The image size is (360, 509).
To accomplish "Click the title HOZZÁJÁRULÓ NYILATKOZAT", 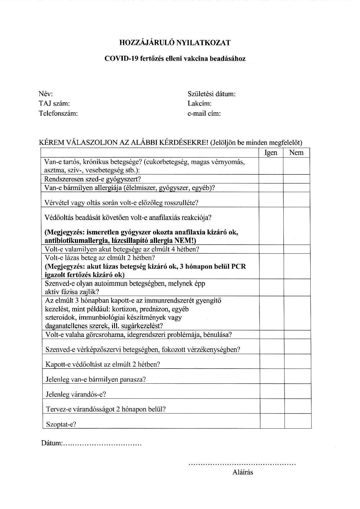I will pyautogui.click(x=175, y=43).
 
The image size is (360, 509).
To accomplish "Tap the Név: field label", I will pyautogui.click(x=46, y=94).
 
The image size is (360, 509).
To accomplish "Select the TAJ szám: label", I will pyautogui.click(x=54, y=104).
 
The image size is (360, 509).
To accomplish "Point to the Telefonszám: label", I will pyautogui.click(x=58, y=113).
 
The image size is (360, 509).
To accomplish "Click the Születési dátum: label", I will pyautogui.click(x=211, y=94).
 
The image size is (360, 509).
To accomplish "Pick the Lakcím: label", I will pyautogui.click(x=199, y=104).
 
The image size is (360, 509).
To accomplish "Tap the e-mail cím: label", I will pyautogui.click(x=204, y=113).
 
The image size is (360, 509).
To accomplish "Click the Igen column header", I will pyautogui.click(x=271, y=153).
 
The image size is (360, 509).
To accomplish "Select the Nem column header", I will pyautogui.click(x=296, y=153).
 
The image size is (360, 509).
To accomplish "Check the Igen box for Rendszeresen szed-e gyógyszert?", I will pyautogui.click(x=271, y=179).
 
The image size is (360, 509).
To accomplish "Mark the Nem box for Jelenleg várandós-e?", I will pyautogui.click(x=298, y=391).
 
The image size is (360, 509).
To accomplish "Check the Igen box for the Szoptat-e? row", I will pyautogui.click(x=272, y=421).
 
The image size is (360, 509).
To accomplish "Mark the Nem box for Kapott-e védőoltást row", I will pyautogui.click(x=298, y=361).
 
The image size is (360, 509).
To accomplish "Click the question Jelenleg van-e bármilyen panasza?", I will pyautogui.click(x=96, y=379).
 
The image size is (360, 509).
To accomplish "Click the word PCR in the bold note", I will pyautogui.click(x=238, y=266).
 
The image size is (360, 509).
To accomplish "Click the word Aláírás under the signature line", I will pyautogui.click(x=243, y=472).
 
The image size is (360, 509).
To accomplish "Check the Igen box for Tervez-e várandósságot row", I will pyautogui.click(x=272, y=406).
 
